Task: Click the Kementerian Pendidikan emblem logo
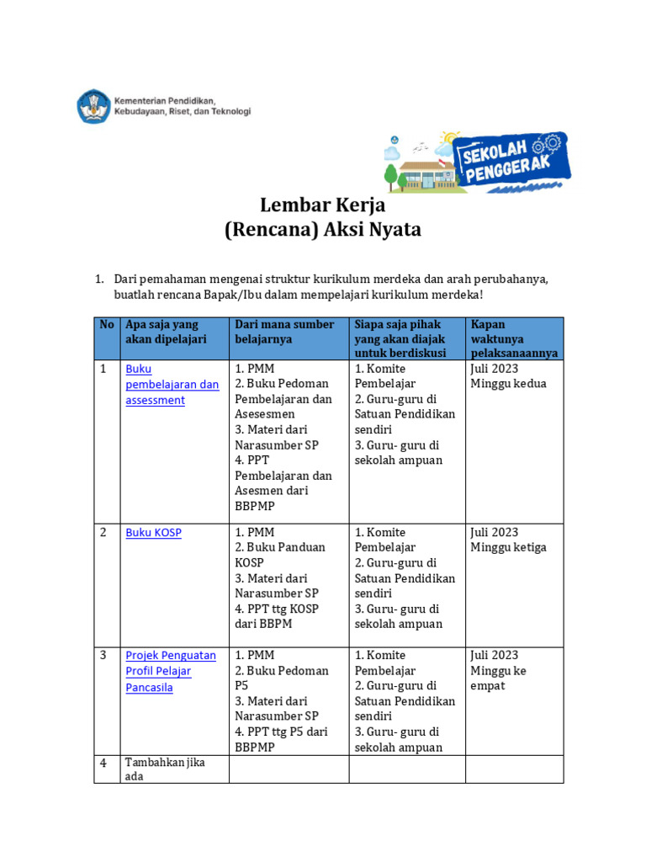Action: click(x=93, y=107)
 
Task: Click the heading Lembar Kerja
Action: click(x=322, y=205)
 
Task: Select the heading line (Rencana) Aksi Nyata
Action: click(x=322, y=230)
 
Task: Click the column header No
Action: click(x=107, y=325)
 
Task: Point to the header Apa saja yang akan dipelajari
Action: click(x=166, y=332)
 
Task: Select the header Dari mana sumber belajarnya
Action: click(x=284, y=332)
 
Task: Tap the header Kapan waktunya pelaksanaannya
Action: click(x=514, y=338)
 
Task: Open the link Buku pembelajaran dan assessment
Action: click(x=172, y=385)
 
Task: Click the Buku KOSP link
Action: click(x=153, y=533)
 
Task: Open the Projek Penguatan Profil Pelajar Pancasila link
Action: click(x=171, y=671)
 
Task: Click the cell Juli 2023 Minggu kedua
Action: click(x=508, y=376)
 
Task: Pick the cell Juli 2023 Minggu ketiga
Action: click(x=508, y=540)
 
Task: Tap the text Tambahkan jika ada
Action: click(x=165, y=769)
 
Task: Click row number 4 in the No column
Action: click(x=103, y=764)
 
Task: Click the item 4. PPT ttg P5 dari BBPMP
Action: click(x=281, y=739)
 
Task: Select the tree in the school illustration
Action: click(x=391, y=174)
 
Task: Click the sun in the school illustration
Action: click(x=450, y=137)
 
